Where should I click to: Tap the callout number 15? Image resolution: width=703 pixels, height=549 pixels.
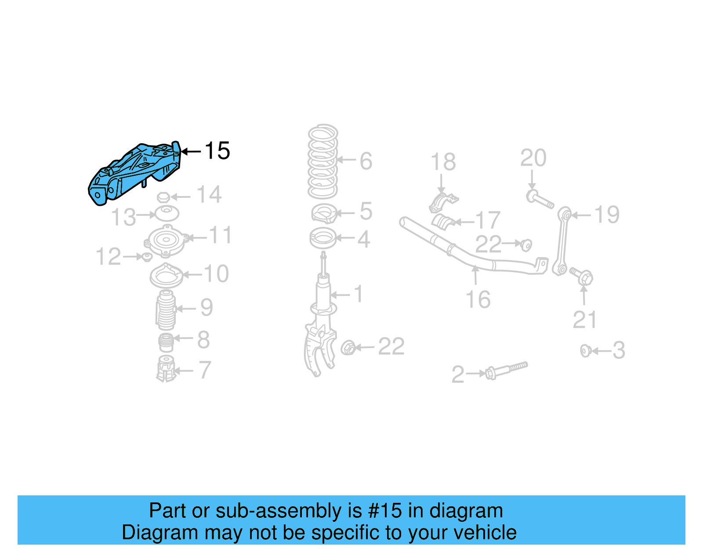click(217, 151)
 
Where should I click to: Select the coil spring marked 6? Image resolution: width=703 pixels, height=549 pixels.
click(323, 162)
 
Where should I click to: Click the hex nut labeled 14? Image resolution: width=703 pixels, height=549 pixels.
click(163, 197)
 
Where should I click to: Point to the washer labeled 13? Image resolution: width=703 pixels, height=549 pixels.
click(167, 214)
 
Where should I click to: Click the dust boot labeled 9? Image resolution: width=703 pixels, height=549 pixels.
click(166, 310)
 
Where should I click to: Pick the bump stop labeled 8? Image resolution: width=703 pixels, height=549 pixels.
click(166, 342)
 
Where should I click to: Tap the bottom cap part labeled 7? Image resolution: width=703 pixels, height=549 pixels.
click(166, 369)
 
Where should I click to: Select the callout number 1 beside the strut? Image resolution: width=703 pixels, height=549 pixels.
click(359, 294)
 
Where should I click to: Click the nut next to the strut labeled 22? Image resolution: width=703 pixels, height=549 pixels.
click(348, 348)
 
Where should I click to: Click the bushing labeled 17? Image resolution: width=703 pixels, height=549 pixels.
click(443, 222)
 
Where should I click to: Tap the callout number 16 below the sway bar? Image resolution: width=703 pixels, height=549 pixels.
click(478, 300)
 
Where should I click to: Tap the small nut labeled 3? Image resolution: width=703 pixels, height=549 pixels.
click(585, 351)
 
